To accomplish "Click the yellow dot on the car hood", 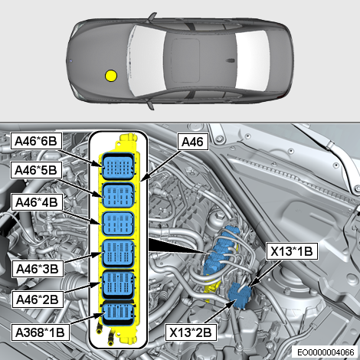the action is pyautogui.click(x=111, y=76).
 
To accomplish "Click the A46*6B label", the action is pyautogui.click(x=36, y=141).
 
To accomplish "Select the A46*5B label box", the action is pyautogui.click(x=36, y=170).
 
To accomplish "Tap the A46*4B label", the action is pyautogui.click(x=37, y=202).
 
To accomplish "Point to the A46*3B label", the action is pyautogui.click(x=38, y=269).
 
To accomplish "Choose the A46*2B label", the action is pyautogui.click(x=38, y=299).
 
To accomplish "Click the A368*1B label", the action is pyautogui.click(x=40, y=332).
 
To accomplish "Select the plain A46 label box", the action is pyautogui.click(x=193, y=142).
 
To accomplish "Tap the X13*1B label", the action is pyautogui.click(x=292, y=251).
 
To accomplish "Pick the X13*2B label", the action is pyautogui.click(x=191, y=332).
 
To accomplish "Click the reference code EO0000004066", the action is pyautogui.click(x=326, y=352).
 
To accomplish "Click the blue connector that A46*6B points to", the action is pyautogui.click(x=118, y=166).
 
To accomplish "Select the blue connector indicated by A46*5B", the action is pyautogui.click(x=118, y=195).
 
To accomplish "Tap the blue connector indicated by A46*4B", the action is pyautogui.click(x=118, y=224).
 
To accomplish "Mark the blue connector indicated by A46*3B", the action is pyautogui.click(x=118, y=253).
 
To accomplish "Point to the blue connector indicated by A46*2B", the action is pyautogui.click(x=118, y=284).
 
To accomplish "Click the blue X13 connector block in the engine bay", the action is pyautogui.click(x=240, y=296).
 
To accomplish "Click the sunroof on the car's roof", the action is pyautogui.click(x=185, y=61).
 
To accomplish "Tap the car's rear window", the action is pyautogui.click(x=253, y=61).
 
